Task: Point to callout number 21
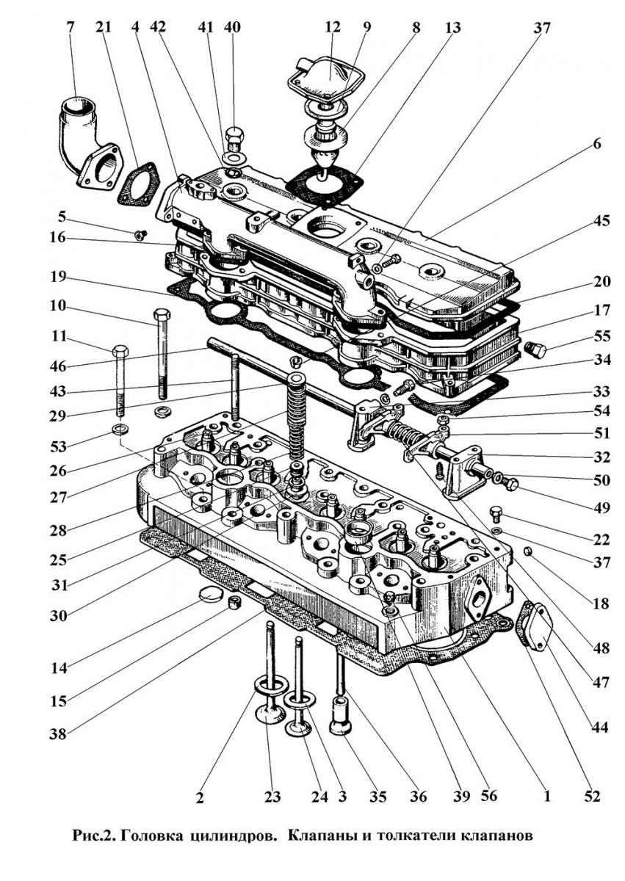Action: coord(103,28)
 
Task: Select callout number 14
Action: coord(59,668)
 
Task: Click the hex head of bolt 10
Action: coord(162,317)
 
